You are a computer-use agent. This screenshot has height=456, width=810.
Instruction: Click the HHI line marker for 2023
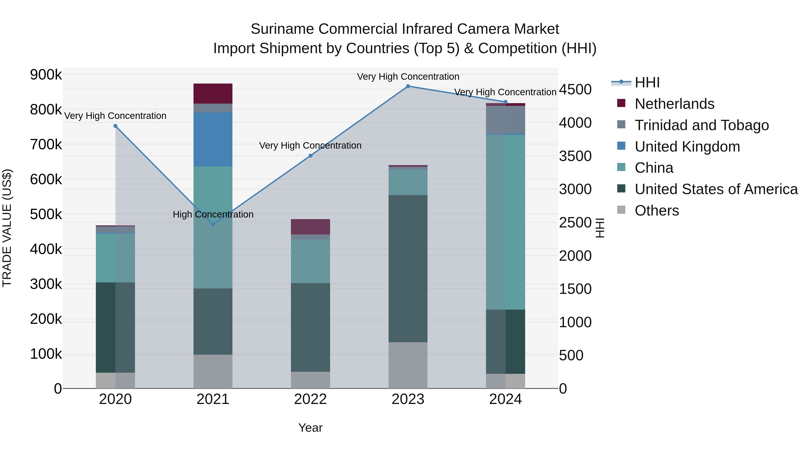pyautogui.click(x=408, y=86)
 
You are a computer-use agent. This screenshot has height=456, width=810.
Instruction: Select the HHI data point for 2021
pyautogui.click(x=213, y=224)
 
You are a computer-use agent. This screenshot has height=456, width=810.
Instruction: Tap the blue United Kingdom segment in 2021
pyautogui.click(x=213, y=139)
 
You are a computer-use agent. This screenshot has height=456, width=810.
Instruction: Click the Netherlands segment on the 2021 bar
pyautogui.click(x=213, y=93)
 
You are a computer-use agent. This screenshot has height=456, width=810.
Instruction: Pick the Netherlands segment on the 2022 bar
pyautogui.click(x=310, y=227)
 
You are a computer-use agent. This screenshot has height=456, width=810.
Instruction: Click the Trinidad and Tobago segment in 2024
pyautogui.click(x=505, y=120)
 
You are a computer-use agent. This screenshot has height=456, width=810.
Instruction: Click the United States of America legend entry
pyautogui.click(x=716, y=189)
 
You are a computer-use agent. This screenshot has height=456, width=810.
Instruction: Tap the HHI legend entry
pyautogui.click(x=647, y=82)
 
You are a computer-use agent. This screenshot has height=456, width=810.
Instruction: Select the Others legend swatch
pyautogui.click(x=621, y=210)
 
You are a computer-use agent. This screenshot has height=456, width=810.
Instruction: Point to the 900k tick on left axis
pyautogui.click(x=46, y=75)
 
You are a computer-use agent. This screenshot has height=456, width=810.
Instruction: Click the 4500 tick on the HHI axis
pyautogui.click(x=575, y=89)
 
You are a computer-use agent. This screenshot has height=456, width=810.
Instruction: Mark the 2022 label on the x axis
pyautogui.click(x=310, y=399)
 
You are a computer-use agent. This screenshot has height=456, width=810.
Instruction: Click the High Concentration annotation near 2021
pyautogui.click(x=213, y=214)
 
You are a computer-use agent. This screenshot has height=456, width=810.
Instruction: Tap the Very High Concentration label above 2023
pyautogui.click(x=408, y=77)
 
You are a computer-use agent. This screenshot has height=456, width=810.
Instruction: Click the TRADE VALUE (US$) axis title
pyautogui.click(x=7, y=228)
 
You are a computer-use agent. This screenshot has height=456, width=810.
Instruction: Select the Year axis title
pyautogui.click(x=310, y=428)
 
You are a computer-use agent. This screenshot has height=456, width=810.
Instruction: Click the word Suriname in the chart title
pyautogui.click(x=282, y=29)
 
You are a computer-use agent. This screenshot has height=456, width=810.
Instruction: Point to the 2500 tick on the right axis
pyautogui.click(x=575, y=222)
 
